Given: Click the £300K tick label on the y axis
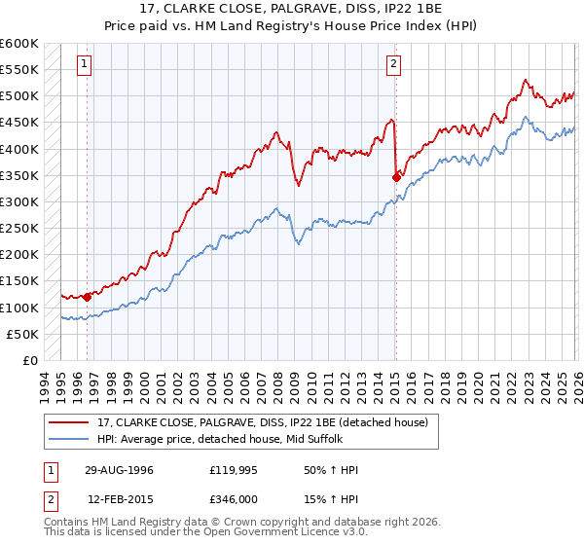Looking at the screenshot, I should pyautogui.click(x=19, y=202).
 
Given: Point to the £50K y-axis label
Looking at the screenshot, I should pyautogui.click(x=22, y=334).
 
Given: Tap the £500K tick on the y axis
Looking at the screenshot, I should pyautogui.click(x=19, y=96).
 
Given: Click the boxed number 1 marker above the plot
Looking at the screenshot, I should pyautogui.click(x=86, y=65).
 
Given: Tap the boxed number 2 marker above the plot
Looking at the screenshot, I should pyautogui.click(x=394, y=65).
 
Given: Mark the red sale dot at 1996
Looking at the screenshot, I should pyautogui.click(x=88, y=297).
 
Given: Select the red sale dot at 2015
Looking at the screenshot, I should pyautogui.click(x=396, y=177).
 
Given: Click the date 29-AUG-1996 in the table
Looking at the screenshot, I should pyautogui.click(x=118, y=470).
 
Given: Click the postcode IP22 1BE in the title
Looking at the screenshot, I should pyautogui.click(x=398, y=11).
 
